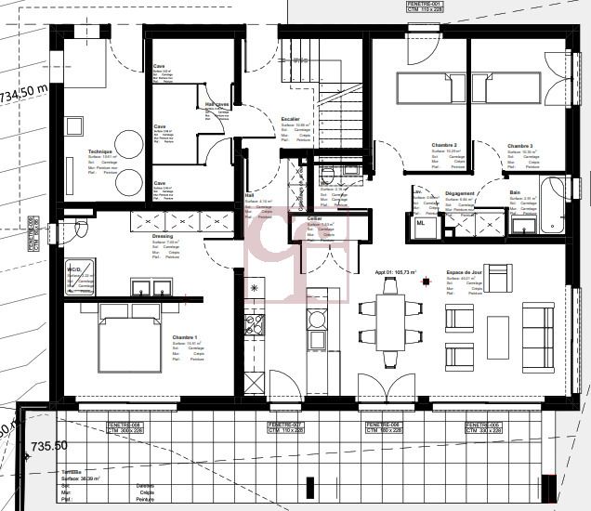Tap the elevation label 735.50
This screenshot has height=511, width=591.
click(49, 447)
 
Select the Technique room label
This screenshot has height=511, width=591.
click(99, 151)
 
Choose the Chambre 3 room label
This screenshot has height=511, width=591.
click(520, 146)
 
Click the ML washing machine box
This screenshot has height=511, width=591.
click(421, 223)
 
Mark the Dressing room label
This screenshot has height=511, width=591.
click(163, 236)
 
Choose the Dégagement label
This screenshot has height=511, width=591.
click(460, 193)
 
